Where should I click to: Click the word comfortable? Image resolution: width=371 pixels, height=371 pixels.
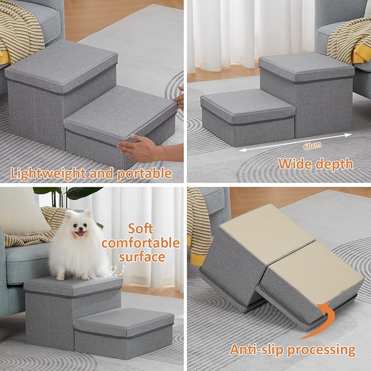pyautogui.click(x=140, y=243)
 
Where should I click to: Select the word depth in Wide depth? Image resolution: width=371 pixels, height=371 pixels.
pyautogui.click(x=334, y=163)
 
